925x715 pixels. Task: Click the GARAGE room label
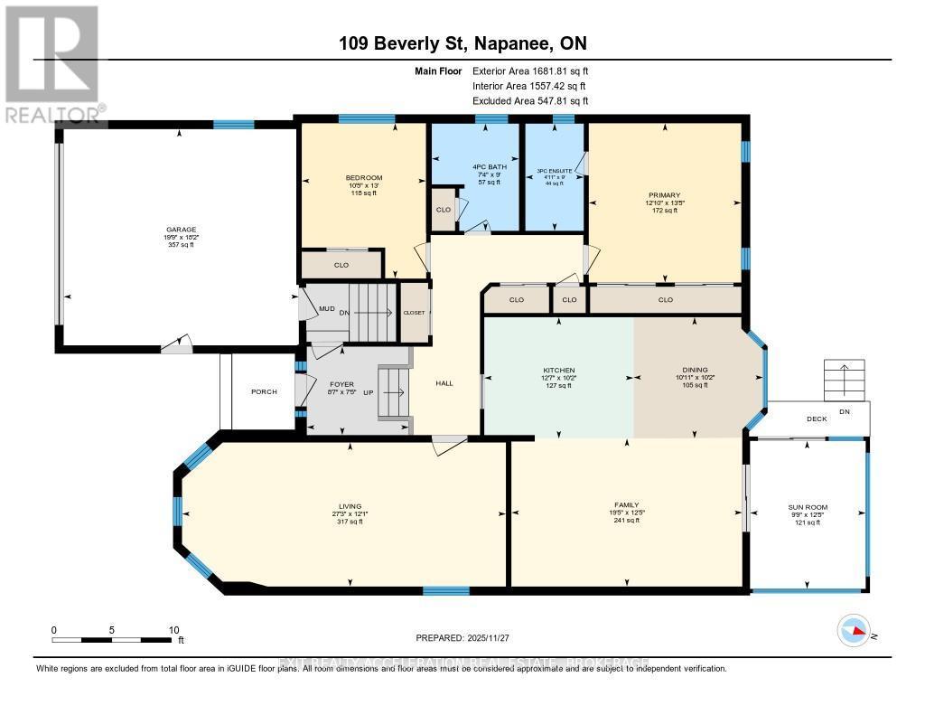[x=180, y=230]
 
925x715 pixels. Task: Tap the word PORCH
[x=264, y=391]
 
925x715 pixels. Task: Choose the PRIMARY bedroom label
[x=667, y=194]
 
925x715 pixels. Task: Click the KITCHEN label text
[x=558, y=369]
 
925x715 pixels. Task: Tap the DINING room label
[x=695, y=369]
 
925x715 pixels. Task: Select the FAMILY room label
[x=627, y=504]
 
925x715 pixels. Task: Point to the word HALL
[x=444, y=383]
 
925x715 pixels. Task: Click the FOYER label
[x=341, y=384]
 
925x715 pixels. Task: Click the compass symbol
[x=854, y=630]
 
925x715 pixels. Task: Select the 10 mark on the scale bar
[x=174, y=630]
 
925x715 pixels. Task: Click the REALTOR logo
[x=52, y=63]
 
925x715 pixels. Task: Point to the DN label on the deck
[x=844, y=411]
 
